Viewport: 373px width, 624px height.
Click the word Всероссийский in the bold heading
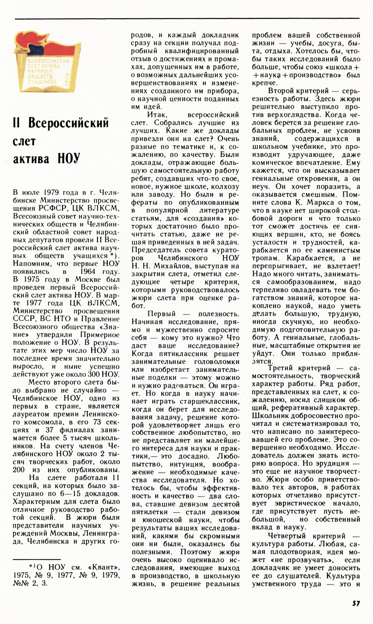[69, 123]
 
